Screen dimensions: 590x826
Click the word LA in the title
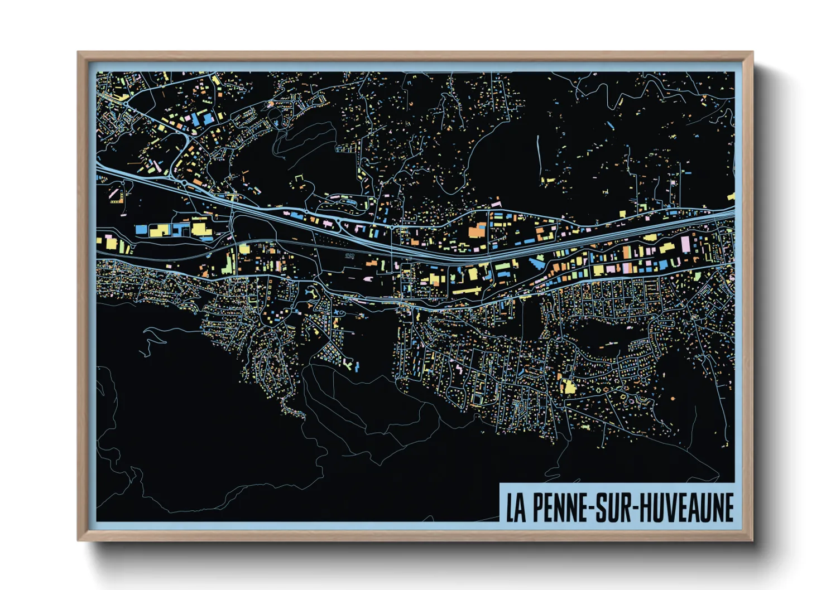click(x=516, y=507)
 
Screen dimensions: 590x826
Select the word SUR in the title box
click(x=614, y=507)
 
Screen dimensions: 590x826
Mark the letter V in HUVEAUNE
click(x=666, y=507)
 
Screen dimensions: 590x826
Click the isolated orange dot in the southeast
click(x=672, y=399)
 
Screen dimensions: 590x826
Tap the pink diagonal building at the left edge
click(x=114, y=194)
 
